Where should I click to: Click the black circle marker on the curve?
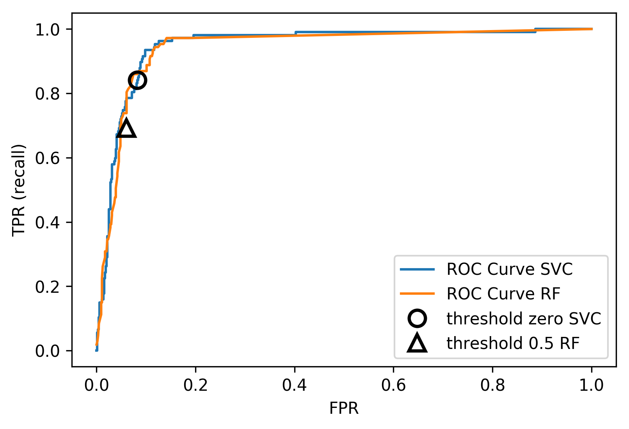point(137,80)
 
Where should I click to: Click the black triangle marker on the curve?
point(126,129)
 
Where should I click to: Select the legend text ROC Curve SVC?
point(509,269)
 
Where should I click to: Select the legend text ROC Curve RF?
point(503,294)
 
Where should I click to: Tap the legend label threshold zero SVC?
point(524,319)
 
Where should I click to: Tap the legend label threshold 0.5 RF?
point(513,343)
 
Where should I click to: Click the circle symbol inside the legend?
point(417,319)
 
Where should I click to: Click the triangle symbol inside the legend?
point(417,343)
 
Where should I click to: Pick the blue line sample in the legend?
point(417,269)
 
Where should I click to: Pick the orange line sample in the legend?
point(417,294)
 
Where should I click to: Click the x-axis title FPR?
point(344,408)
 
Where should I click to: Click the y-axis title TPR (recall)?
point(19,190)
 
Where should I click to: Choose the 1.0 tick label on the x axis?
point(592,385)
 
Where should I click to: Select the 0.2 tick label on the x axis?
point(195,385)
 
